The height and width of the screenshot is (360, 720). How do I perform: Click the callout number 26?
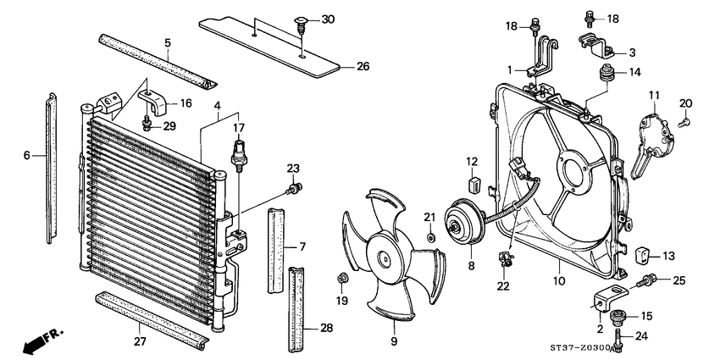[363, 66]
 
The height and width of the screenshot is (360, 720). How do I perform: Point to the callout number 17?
[238, 128]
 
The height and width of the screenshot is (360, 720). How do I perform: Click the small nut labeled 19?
[342, 278]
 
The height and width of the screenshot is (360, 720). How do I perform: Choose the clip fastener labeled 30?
[302, 28]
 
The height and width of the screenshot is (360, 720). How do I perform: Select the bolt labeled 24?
[619, 341]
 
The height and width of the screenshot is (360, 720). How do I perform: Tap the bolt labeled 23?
[296, 187]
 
